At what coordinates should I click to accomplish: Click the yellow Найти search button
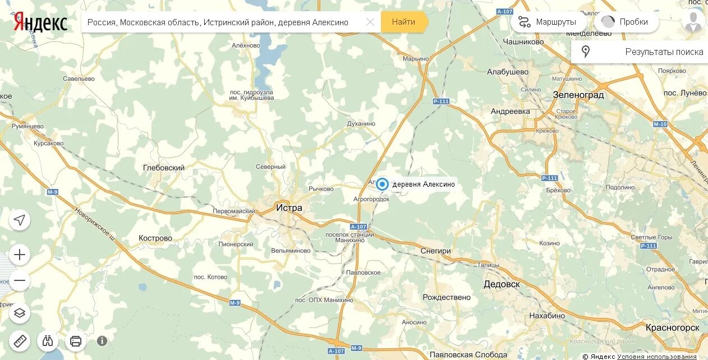403,22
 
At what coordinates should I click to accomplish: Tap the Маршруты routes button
549,22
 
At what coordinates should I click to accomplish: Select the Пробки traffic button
627,22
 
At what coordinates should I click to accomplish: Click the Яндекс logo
40,22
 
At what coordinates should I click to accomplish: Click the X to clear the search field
370,22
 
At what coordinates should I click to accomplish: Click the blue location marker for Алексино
383,184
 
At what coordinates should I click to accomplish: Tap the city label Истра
289,208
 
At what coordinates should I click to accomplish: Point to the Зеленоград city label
578,95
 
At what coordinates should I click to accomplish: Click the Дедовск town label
502,284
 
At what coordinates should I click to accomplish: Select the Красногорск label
672,327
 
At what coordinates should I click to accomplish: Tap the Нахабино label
547,316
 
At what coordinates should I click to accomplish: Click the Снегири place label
436,251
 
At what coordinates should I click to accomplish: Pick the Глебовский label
164,168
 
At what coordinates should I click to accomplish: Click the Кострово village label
155,238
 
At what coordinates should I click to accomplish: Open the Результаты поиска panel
640,52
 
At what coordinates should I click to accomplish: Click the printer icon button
76,340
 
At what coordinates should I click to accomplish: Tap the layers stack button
20,313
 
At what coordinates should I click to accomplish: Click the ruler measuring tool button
20,340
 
